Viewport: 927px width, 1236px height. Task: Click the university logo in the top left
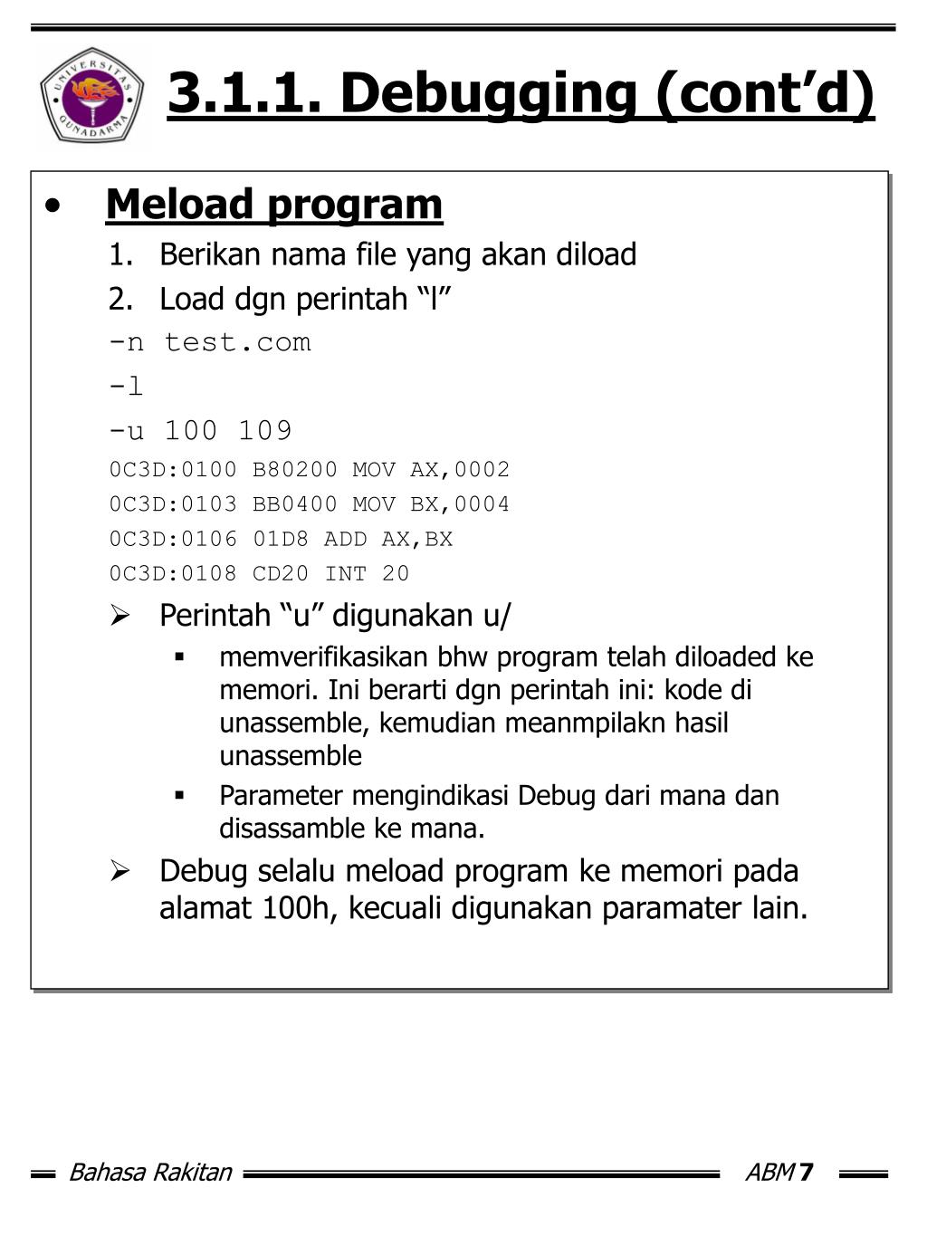91,94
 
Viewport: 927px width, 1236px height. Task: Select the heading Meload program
274,205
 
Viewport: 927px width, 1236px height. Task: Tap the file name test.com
237,342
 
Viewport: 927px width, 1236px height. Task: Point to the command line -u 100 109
200,430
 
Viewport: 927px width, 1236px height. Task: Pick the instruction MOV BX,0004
431,504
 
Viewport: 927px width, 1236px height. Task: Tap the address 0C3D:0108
172,574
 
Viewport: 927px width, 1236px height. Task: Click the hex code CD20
280,574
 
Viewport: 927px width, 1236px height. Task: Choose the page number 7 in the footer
806,1174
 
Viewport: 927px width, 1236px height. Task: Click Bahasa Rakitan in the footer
150,1174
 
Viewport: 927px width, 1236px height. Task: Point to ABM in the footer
769,1174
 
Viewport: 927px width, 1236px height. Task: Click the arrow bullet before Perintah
120,617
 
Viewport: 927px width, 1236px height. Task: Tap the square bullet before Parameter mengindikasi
180,796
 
